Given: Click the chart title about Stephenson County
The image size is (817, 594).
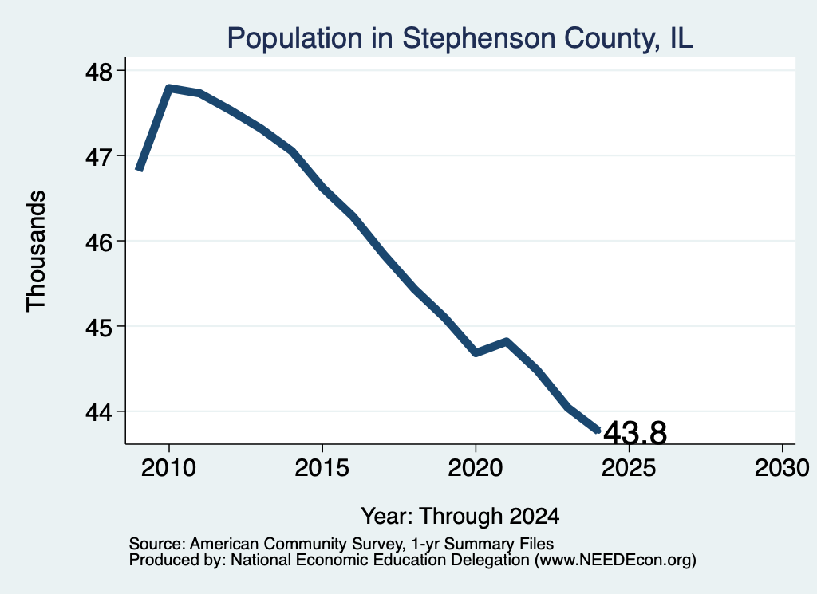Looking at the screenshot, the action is [460, 39].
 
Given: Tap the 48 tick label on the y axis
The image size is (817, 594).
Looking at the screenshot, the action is [98, 71].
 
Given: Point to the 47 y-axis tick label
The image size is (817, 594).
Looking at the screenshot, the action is [98, 156].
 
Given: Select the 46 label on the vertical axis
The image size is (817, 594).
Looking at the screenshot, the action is [98, 242].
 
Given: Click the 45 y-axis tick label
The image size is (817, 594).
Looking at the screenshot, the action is [98, 327].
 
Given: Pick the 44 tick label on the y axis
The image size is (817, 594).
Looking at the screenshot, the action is [98, 412].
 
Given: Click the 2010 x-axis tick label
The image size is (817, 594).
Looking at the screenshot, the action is [168, 468].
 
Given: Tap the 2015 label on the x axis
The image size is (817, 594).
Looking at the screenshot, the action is [322, 468].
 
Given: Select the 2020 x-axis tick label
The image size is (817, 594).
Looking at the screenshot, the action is [476, 468].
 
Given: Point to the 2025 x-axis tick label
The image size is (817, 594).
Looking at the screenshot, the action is [629, 468].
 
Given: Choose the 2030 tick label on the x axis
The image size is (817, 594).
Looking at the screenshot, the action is [782, 468].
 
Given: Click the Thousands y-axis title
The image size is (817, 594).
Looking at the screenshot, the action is [36, 251].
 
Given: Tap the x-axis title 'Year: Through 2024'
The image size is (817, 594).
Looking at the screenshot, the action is [460, 517].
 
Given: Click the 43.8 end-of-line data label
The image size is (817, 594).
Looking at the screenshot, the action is [634, 433].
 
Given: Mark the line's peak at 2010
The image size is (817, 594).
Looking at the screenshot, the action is [169, 88].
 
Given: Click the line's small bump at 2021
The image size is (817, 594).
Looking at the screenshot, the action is [507, 341].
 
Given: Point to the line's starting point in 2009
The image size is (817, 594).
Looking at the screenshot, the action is [139, 169].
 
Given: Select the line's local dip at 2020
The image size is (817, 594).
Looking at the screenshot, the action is [476, 353].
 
